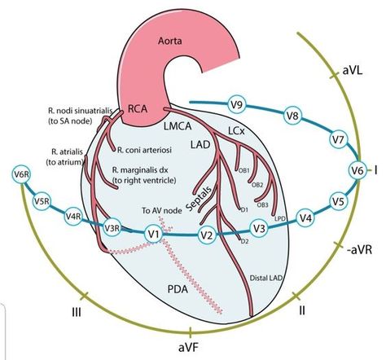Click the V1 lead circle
(154, 234)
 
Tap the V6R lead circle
(21, 174)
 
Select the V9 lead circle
(237, 104)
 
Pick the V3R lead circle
(112, 228)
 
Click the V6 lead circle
(357, 170)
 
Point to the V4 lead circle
(305, 217)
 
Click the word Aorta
(170, 42)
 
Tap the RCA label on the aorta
(138, 109)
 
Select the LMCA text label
(178, 126)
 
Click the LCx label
(236, 131)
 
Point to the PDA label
(178, 289)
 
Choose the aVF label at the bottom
(191, 348)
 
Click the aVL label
(353, 71)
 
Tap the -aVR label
(359, 250)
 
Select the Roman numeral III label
(77, 313)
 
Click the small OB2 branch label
(257, 185)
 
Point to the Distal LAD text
(266, 279)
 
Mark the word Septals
(200, 199)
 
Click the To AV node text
(162, 210)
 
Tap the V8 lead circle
(292, 116)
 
